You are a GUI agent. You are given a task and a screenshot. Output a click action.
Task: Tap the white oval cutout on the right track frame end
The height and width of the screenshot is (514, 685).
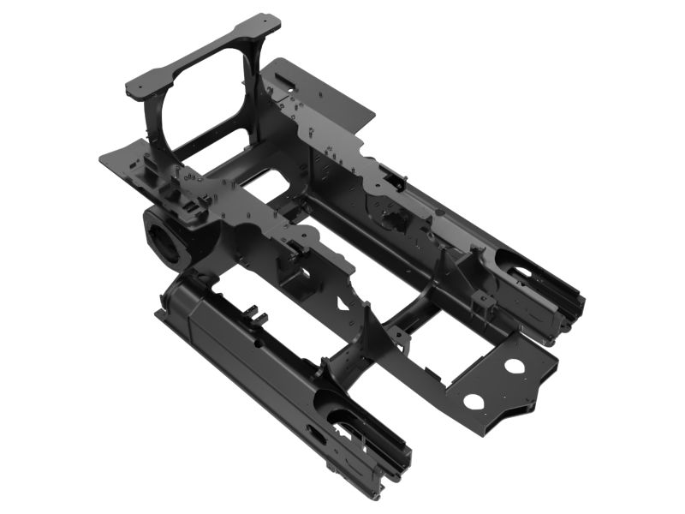pyautogui.click(x=519, y=272)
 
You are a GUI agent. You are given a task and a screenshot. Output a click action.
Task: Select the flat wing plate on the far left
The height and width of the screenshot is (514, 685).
pyautogui.click(x=120, y=160)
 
